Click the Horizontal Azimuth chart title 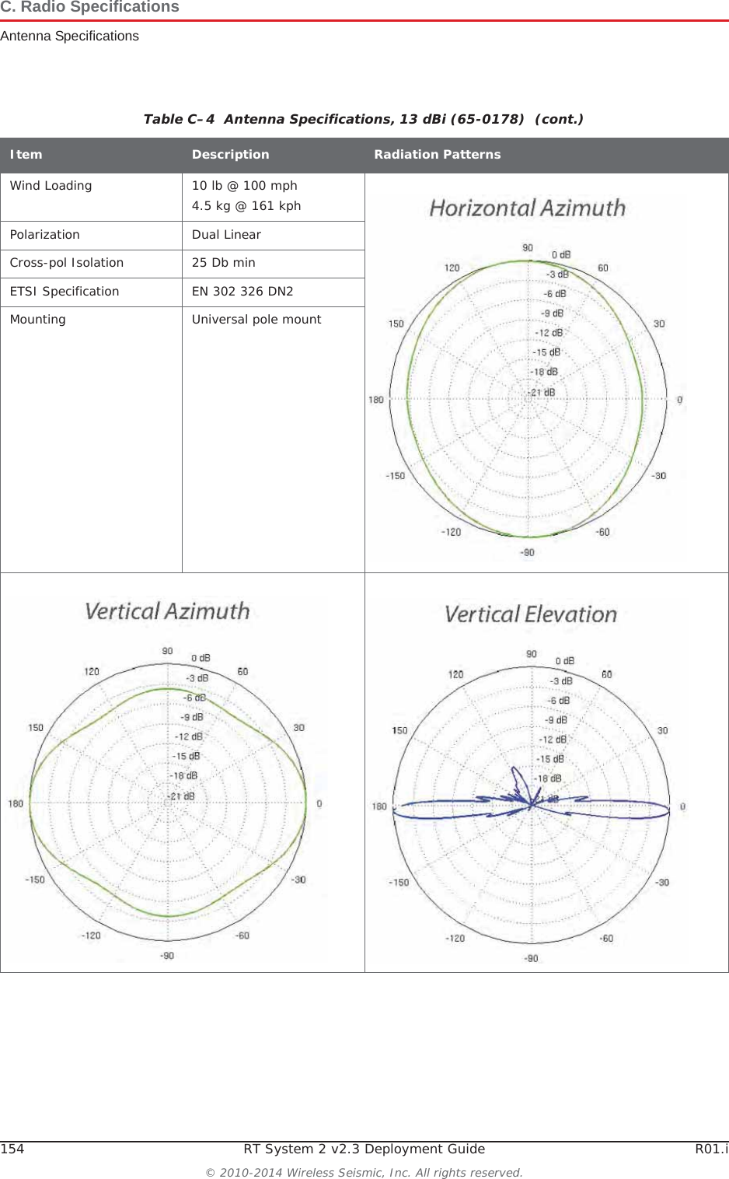(x=527, y=208)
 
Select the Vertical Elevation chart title (x=530, y=614)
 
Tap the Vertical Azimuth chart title (x=167, y=611)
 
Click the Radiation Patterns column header (x=437, y=155)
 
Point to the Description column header (x=230, y=155)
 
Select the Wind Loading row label (x=51, y=186)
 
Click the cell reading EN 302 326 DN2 (x=242, y=292)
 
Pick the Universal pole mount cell (x=256, y=320)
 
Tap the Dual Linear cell (x=226, y=235)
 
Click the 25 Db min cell (x=223, y=263)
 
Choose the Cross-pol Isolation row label (x=66, y=263)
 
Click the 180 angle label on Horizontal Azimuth (x=376, y=400)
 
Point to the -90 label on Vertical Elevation (x=531, y=958)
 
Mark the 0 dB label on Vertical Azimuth (x=201, y=658)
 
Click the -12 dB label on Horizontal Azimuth (x=549, y=333)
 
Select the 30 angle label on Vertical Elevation (x=662, y=730)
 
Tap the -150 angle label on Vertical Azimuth (x=35, y=880)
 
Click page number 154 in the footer (x=12, y=1149)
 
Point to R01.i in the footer (x=711, y=1149)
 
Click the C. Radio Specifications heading (x=89, y=8)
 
